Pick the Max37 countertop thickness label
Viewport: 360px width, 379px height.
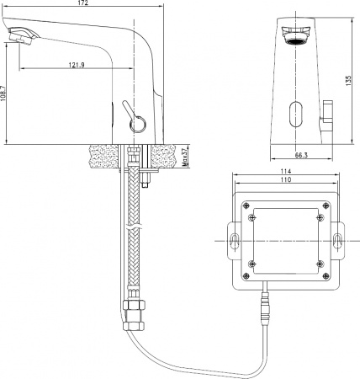point(183,157)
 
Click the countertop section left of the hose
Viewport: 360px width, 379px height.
point(105,156)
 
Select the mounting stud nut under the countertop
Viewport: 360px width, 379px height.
point(146,179)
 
